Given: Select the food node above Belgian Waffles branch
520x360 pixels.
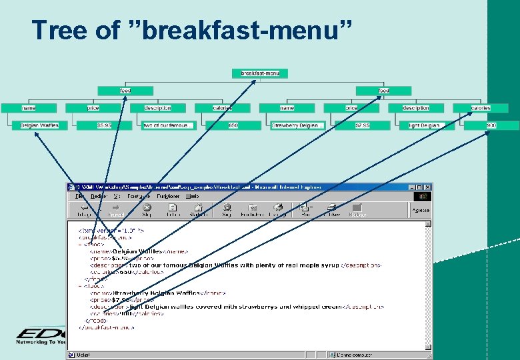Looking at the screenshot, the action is [x=125, y=90].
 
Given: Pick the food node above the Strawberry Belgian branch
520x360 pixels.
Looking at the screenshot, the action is [x=383, y=90].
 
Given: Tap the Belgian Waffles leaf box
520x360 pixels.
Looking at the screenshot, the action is [x=39, y=125].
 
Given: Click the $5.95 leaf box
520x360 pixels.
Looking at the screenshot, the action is [x=104, y=125].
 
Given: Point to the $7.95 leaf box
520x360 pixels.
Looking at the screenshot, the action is [x=363, y=125].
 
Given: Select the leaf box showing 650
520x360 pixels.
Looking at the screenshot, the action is [x=233, y=125].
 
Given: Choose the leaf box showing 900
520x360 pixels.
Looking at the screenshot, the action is [x=491, y=125].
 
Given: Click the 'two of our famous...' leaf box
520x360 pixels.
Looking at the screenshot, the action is [x=168, y=125].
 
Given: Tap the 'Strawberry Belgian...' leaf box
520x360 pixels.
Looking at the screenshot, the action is [x=297, y=125].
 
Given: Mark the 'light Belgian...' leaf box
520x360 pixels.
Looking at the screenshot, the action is [x=427, y=125].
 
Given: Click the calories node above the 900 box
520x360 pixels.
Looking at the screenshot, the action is [x=480, y=107].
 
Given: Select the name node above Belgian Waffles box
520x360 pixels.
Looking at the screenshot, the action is [x=29, y=107].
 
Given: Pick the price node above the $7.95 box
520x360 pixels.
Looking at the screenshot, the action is [x=351, y=107].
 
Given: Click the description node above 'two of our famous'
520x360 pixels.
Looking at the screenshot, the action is [x=157, y=107].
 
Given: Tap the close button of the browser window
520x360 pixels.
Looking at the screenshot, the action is [x=427, y=187].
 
